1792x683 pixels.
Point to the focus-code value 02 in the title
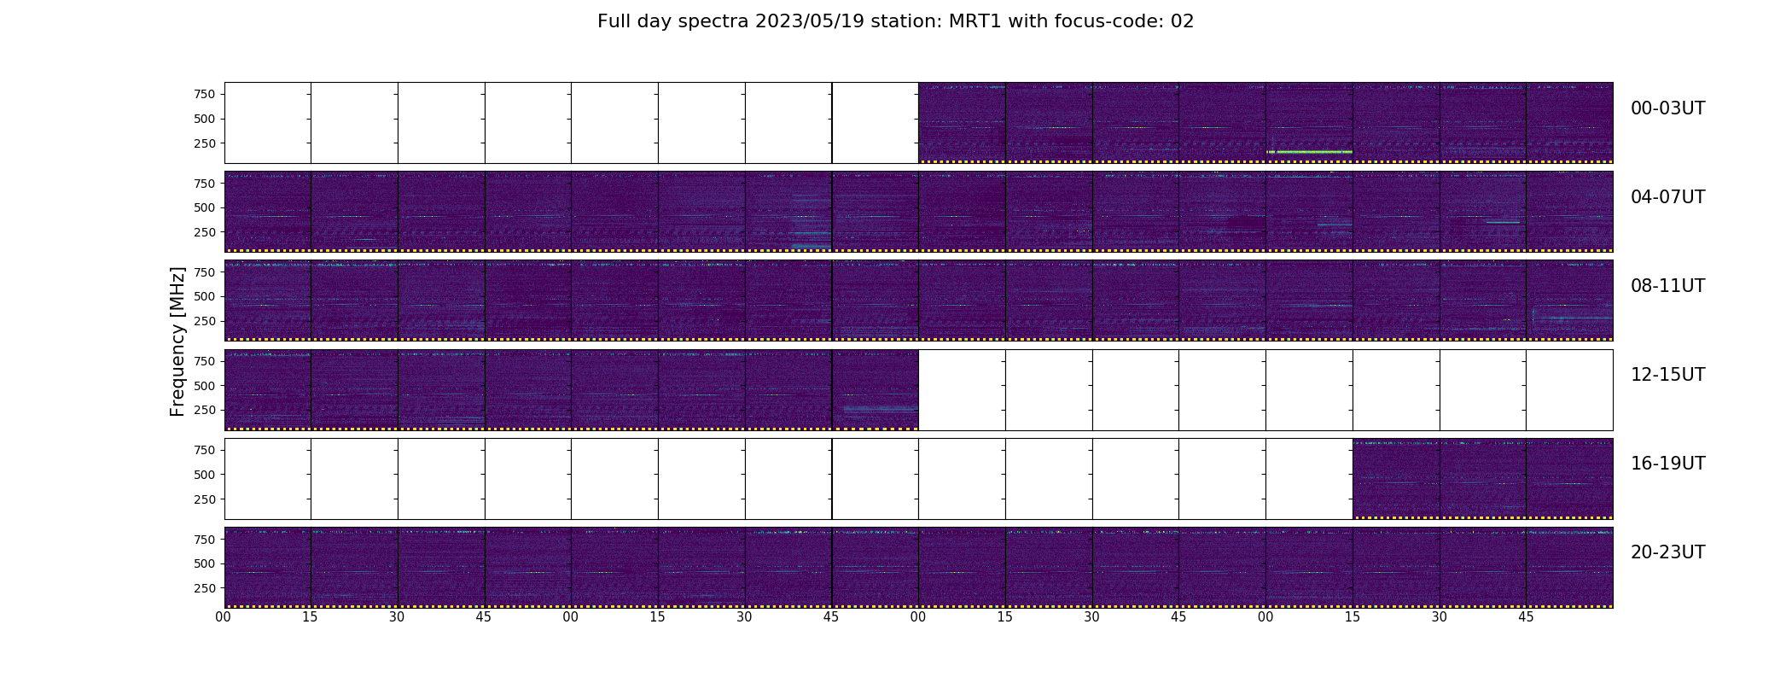coord(1182,21)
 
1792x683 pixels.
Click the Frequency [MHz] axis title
coord(177,341)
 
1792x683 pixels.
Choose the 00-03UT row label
coord(1667,108)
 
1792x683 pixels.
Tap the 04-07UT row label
coord(1667,197)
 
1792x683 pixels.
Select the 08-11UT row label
coord(1667,286)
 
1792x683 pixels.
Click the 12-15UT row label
coord(1667,375)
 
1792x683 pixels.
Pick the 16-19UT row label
coord(1667,464)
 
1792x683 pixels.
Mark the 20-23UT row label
coord(1667,552)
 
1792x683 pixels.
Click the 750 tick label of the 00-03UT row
coord(205,94)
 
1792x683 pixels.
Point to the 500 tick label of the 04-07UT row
coord(205,207)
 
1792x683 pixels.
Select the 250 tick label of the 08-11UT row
coord(205,321)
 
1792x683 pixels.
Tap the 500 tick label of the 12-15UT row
coord(205,386)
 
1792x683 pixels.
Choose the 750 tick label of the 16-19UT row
coord(205,450)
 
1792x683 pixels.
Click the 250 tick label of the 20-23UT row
coord(205,588)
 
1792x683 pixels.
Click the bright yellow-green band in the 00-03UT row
coord(1309,152)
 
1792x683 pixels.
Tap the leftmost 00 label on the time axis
coord(224,617)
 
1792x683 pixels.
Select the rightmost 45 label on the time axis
coord(1526,617)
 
